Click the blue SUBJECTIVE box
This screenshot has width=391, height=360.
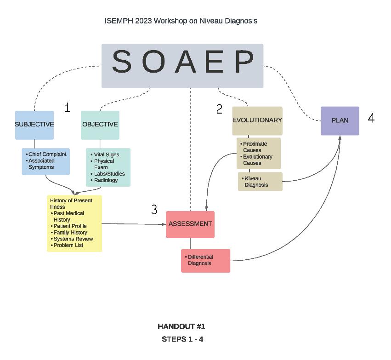tap(34, 125)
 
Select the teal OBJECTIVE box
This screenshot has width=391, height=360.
tap(100, 125)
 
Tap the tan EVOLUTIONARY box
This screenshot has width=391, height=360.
tap(257, 120)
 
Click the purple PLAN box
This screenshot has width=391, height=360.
tap(340, 120)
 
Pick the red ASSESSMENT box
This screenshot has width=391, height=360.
tap(190, 224)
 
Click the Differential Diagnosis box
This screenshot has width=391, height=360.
tap(205, 260)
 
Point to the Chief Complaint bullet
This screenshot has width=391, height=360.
tap(47, 154)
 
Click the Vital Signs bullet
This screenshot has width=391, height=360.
tap(107, 155)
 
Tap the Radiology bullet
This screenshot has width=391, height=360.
tap(106, 180)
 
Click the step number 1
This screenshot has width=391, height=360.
tap(67, 108)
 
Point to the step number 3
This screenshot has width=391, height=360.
tap(154, 210)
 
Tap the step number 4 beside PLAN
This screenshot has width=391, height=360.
tap(371, 118)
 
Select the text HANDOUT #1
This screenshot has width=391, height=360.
tap(181, 326)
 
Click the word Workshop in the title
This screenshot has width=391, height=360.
tap(170, 21)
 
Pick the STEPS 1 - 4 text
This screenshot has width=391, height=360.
tap(182, 339)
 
